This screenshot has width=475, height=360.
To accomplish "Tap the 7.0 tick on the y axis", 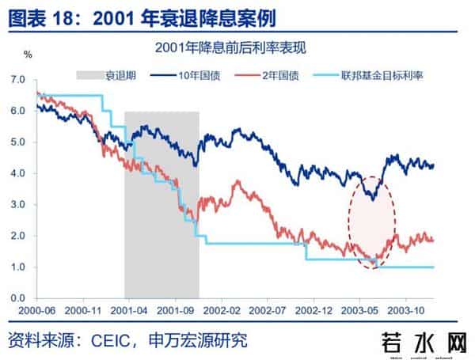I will tap(17, 80).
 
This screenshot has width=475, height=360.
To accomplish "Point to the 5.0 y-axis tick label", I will tap(17, 142).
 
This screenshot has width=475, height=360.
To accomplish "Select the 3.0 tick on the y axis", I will tap(17, 205).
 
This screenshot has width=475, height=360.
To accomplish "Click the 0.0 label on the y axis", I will tap(17, 298).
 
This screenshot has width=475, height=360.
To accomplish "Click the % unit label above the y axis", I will tap(28, 55).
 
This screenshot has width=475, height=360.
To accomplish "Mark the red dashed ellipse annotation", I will tap(371, 221).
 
